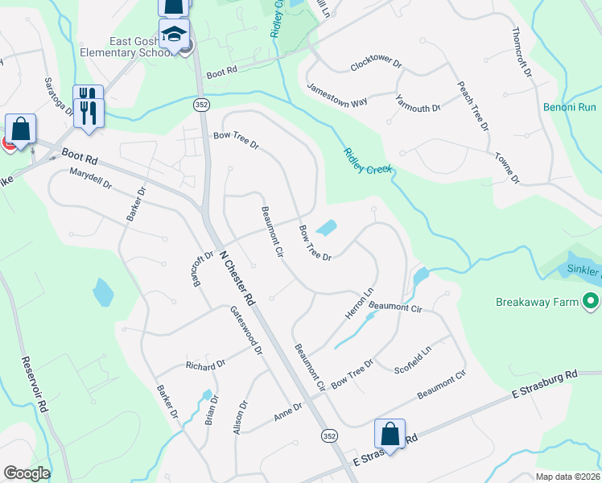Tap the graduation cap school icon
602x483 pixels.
point(174,35)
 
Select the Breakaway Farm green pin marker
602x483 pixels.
point(592,302)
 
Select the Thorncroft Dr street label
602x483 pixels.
point(522,52)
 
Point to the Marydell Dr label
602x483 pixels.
point(90,178)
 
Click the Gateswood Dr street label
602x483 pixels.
point(246,330)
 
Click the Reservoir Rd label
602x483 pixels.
point(35,386)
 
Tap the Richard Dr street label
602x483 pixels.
point(205,365)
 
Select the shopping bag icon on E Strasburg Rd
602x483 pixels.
point(390,434)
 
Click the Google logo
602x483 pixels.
point(27,473)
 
